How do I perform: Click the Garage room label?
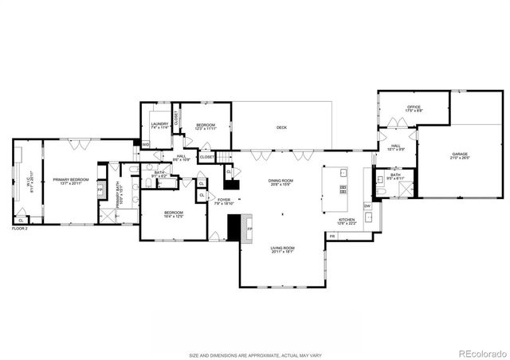[460, 156]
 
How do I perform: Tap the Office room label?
[414, 108]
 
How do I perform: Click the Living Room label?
[282, 249]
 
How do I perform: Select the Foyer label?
[224, 202]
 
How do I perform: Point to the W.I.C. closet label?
[31, 182]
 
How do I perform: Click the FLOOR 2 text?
[20, 229]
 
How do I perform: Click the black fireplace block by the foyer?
[234, 229]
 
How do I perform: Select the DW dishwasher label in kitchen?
[367, 206]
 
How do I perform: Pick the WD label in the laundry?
[146, 144]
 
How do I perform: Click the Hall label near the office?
[397, 147]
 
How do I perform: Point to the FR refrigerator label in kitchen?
[331, 237]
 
